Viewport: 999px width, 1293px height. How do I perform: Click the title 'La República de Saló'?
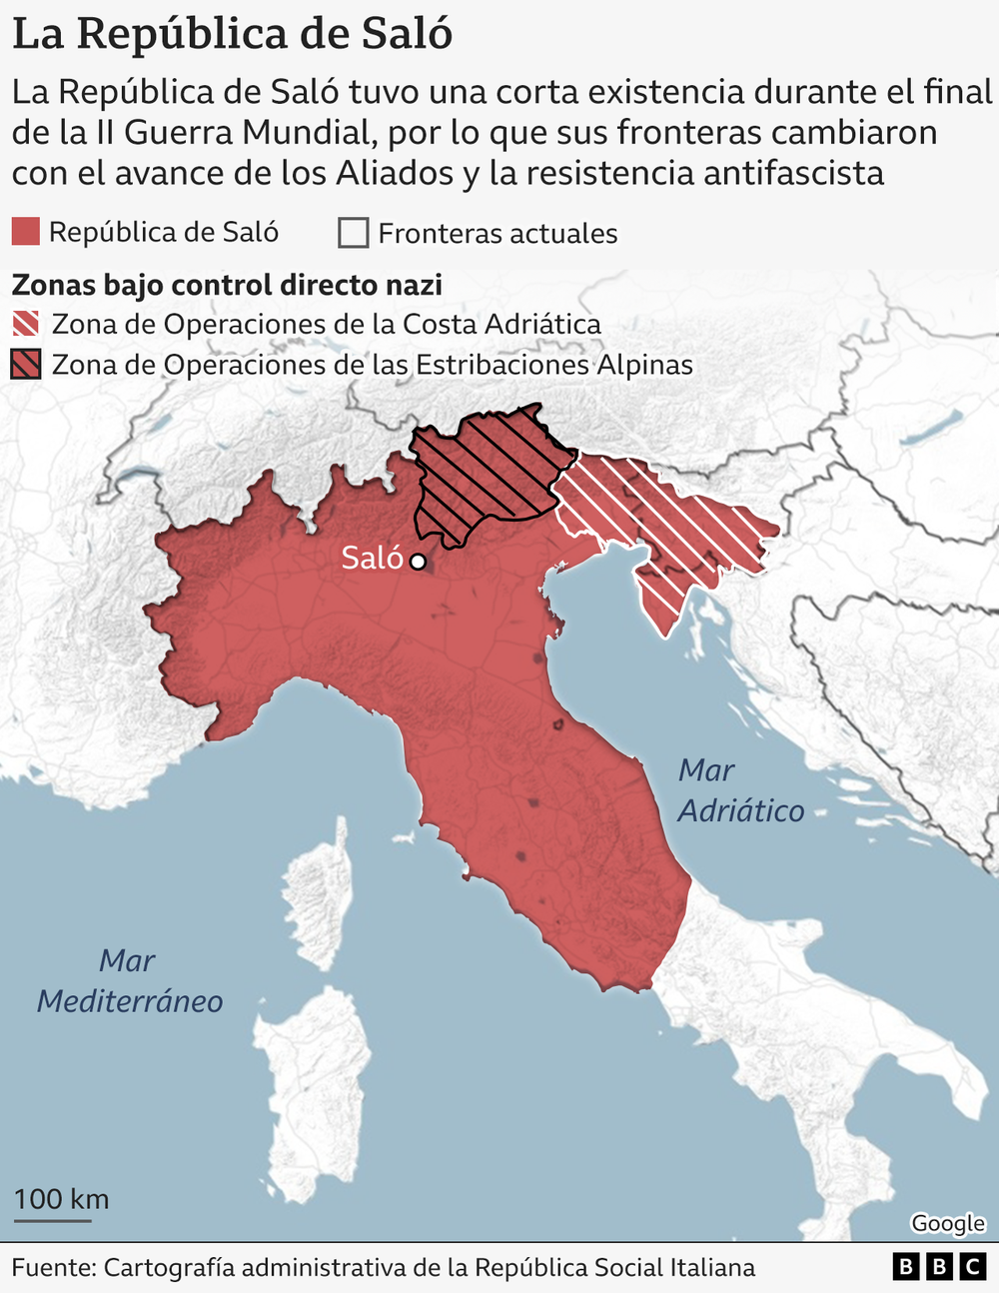232,33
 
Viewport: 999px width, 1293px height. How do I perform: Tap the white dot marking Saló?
418,562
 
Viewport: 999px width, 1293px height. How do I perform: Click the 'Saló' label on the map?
372,558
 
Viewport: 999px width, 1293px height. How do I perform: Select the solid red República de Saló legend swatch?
26,232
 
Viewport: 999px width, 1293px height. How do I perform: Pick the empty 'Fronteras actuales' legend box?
353,233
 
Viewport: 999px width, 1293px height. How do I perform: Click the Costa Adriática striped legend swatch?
26,324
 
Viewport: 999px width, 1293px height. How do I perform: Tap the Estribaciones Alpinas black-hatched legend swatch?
26,365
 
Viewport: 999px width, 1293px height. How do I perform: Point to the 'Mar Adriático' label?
740,789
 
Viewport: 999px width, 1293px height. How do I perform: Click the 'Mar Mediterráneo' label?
130,980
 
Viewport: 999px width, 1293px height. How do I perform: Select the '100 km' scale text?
61,1198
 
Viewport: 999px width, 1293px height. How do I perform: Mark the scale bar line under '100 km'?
52,1219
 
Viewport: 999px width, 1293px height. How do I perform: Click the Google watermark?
947,1223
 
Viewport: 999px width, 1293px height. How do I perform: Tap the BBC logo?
938,1267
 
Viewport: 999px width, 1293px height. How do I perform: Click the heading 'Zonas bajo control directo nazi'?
227,285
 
